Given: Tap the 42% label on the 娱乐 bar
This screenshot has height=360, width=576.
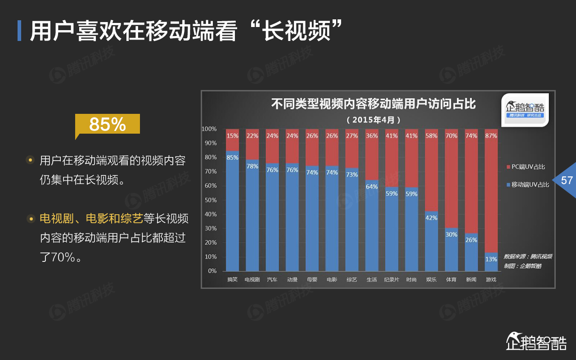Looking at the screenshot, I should [x=432, y=218].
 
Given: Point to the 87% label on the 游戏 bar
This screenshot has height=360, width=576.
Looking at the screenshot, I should [x=491, y=135].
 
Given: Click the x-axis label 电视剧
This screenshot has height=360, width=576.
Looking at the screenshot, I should [x=252, y=279].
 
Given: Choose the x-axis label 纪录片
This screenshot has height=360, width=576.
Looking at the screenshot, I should [x=391, y=279].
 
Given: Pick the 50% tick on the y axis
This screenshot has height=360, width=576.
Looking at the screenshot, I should [x=210, y=200].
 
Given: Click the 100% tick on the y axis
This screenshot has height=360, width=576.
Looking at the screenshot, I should [x=209, y=129].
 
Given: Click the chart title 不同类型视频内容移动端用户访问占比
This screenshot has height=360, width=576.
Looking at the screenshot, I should [x=373, y=105].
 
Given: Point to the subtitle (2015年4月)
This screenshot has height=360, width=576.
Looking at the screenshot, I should [x=373, y=120].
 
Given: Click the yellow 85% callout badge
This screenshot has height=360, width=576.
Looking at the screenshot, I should [x=108, y=124].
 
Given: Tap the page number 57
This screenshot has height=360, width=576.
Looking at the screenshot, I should [x=567, y=180].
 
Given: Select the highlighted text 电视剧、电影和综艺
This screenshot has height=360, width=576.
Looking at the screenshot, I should [x=91, y=219].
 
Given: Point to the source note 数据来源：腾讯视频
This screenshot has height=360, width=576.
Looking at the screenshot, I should [x=528, y=256].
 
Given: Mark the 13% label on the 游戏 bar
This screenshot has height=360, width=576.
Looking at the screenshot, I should [x=491, y=259].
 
